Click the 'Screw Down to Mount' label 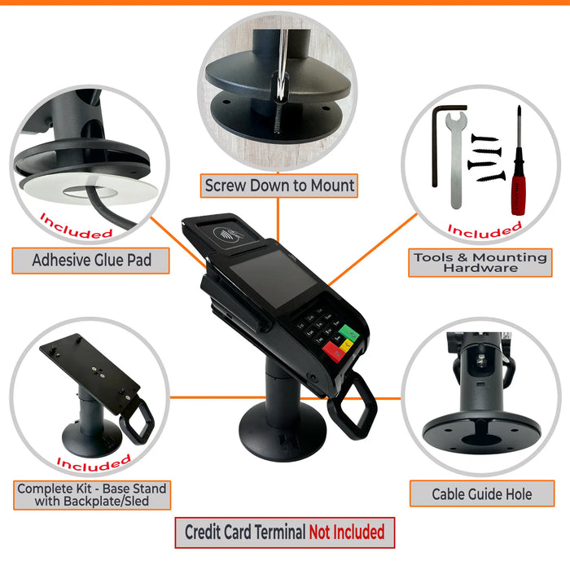point(279,186)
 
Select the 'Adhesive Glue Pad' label point(90,261)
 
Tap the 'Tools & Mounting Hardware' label point(479,262)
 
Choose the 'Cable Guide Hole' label point(482,493)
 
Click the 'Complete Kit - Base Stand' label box point(91,495)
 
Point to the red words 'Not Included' point(346,533)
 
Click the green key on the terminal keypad point(349,334)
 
